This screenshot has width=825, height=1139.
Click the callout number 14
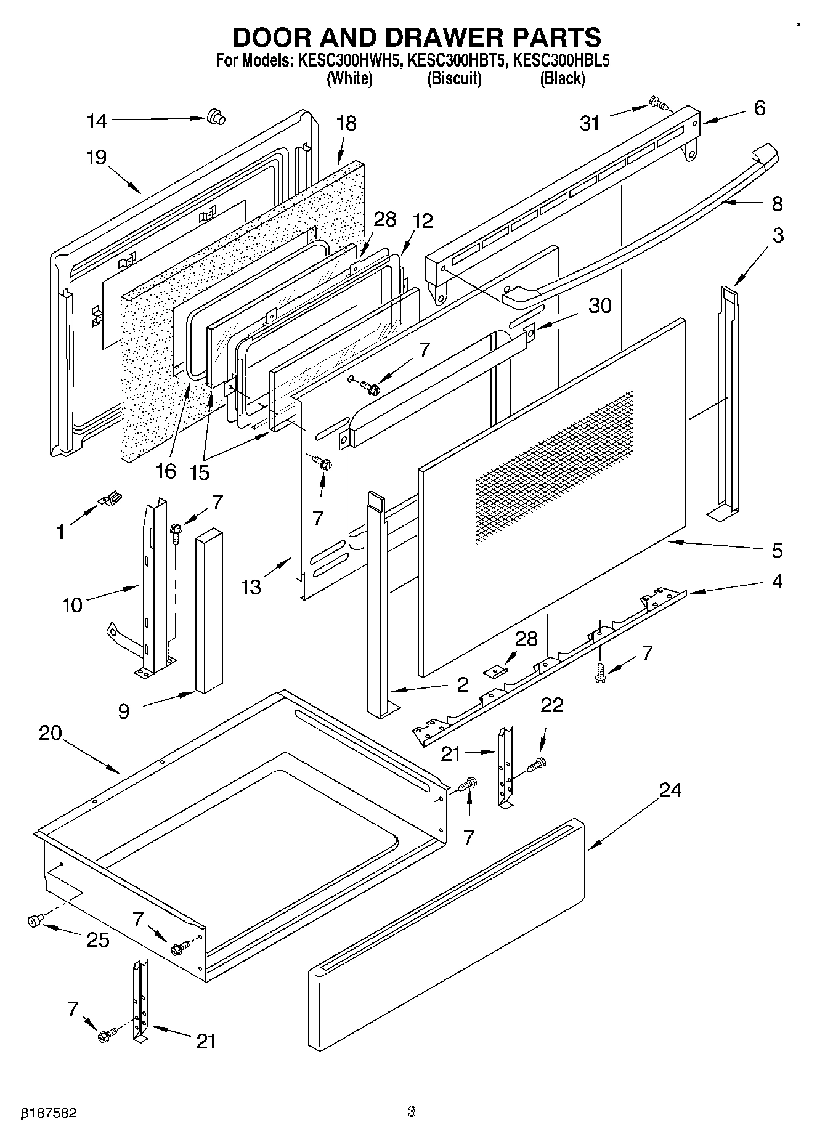[x=97, y=121]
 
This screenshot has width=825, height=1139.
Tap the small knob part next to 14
[x=215, y=116]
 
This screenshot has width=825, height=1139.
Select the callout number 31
[x=590, y=124]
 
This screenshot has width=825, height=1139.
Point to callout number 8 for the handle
[x=777, y=203]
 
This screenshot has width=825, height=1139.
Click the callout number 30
[x=599, y=306]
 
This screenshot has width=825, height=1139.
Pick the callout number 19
[x=96, y=158]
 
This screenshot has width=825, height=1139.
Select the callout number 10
[x=72, y=606]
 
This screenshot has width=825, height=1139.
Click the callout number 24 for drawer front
[x=671, y=790]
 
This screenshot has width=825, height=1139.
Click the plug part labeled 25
[x=35, y=921]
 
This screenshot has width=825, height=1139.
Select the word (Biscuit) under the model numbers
[x=454, y=79]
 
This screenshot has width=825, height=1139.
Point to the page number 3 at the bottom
[x=412, y=1111]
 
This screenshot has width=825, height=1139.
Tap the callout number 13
[x=251, y=587]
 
